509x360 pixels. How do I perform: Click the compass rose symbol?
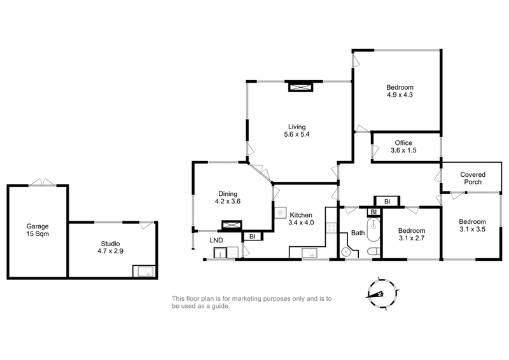pos(382,293)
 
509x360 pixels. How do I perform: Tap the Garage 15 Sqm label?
pos(38,230)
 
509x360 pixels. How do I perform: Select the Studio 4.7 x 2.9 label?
pos(110,247)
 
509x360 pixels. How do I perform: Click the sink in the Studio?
pos(145,272)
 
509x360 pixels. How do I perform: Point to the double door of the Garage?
pos(43,183)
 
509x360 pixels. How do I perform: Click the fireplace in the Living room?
pos(300,87)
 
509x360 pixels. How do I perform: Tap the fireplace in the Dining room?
pos(232,225)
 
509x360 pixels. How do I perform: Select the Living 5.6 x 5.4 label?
pos(296,130)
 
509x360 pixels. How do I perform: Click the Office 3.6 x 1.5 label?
pos(403,146)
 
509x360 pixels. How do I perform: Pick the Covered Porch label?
pos(473,178)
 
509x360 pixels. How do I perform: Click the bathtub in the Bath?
pos(373,230)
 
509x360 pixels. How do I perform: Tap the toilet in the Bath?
pos(374,251)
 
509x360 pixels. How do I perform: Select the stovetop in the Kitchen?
pos(331,227)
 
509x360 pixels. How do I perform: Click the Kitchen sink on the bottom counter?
pos(310,253)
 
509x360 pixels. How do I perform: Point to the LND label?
pos(216,240)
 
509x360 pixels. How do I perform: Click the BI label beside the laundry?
pos(253,237)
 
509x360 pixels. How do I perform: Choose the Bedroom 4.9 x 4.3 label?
pos(400,91)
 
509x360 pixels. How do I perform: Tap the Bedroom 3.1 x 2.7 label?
pos(412,234)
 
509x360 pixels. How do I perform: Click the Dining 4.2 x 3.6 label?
pos(228,197)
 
